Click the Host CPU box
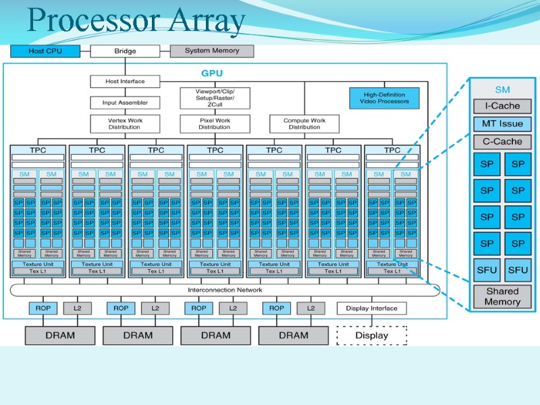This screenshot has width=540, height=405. pyautogui.click(x=45, y=51)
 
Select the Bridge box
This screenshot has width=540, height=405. pyautogui.click(x=125, y=51)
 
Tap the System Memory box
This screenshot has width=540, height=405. pyautogui.click(x=212, y=51)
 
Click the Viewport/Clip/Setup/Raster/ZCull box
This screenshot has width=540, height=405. pyautogui.click(x=215, y=98)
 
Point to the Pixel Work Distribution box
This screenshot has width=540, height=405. pyautogui.click(x=215, y=124)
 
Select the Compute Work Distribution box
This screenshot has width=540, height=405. pyautogui.click(x=304, y=124)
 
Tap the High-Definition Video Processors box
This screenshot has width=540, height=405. pyautogui.click(x=384, y=98)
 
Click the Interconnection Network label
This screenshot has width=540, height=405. pyautogui.click(x=224, y=290)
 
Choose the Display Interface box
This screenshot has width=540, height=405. pyautogui.click(x=371, y=308)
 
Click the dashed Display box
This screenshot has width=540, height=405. pyautogui.click(x=371, y=335)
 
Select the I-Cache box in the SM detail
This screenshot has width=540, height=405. pyautogui.click(x=502, y=106)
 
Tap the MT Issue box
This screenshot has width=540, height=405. pyautogui.click(x=502, y=124)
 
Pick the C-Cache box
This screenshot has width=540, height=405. pyautogui.click(x=502, y=142)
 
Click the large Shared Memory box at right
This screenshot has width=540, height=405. pyautogui.click(x=502, y=296)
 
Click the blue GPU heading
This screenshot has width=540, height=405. pyautogui.click(x=212, y=73)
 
